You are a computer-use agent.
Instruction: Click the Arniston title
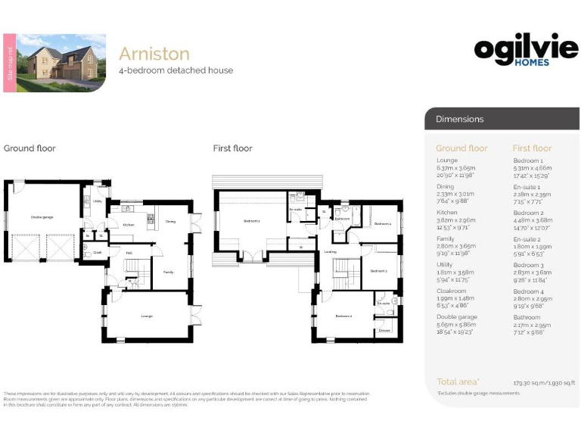click(x=154, y=54)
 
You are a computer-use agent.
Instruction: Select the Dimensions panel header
click(x=460, y=119)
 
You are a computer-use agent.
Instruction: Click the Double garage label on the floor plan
click(x=42, y=217)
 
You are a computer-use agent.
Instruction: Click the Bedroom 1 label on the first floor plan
click(x=251, y=221)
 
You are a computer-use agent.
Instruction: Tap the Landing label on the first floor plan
click(x=329, y=252)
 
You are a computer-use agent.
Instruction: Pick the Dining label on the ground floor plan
click(x=170, y=221)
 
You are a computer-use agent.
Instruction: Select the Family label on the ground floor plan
click(x=168, y=270)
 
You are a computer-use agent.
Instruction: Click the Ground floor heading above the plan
click(x=30, y=148)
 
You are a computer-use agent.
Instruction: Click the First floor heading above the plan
click(x=232, y=148)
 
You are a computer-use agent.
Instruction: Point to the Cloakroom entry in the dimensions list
click(x=452, y=291)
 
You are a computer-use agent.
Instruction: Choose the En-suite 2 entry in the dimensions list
click(x=528, y=238)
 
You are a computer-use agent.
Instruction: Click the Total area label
click(x=459, y=382)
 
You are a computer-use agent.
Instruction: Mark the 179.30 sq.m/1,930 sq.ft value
click(x=545, y=383)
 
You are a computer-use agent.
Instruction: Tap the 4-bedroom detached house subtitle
click(x=176, y=70)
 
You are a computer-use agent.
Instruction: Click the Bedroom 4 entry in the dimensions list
click(x=528, y=291)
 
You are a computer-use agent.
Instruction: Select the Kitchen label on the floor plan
click(x=128, y=225)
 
